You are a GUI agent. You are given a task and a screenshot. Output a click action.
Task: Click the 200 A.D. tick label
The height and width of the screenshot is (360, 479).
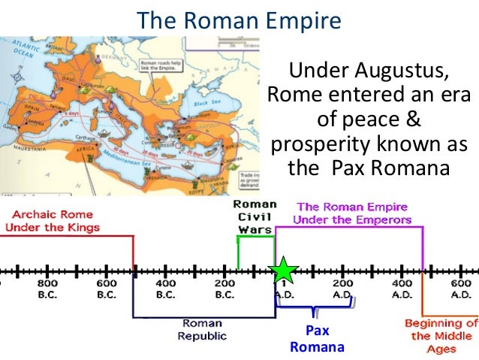coord(342,289)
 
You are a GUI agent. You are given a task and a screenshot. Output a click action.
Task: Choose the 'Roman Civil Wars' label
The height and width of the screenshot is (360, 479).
coord(254,216)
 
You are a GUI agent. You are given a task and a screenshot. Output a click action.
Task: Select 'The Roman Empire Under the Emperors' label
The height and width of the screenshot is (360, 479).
coord(352,213)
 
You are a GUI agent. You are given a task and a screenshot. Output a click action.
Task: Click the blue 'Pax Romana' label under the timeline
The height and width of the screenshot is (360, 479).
coord(317,338)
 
